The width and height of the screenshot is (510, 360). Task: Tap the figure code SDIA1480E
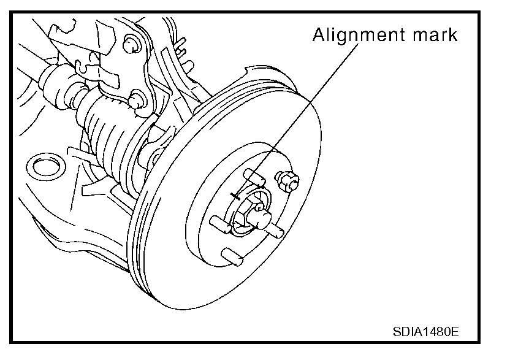coord(425,332)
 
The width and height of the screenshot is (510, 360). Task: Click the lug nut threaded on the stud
coord(287,180)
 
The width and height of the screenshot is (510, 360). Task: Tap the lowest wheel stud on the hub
coord(232,254)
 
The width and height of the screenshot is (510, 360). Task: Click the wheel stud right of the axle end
coord(273,228)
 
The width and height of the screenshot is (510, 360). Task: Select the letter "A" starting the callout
coord(318,34)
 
